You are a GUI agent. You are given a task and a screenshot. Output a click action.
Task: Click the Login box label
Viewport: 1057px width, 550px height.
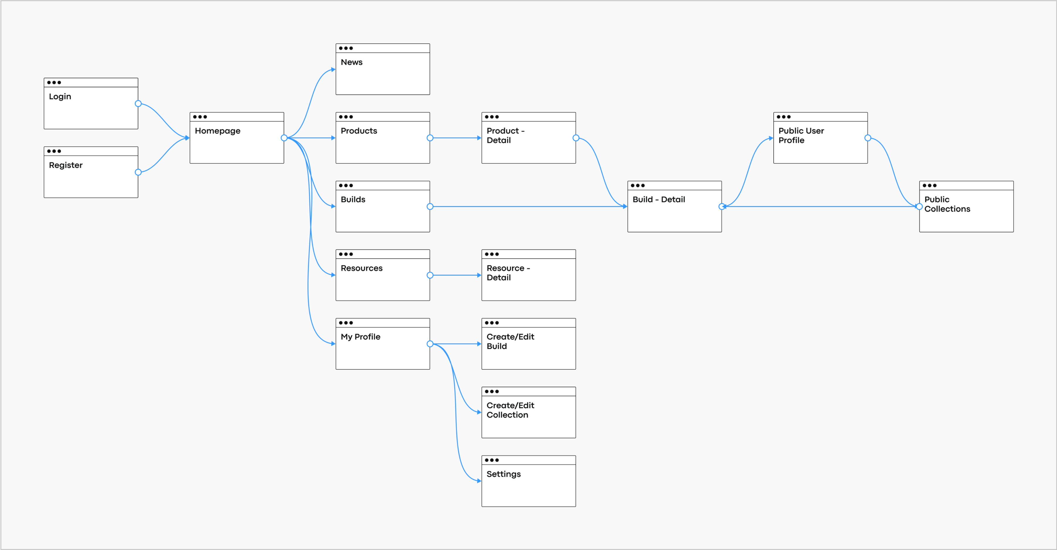[x=60, y=96]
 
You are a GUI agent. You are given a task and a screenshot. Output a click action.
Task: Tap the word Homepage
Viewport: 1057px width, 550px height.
[x=218, y=131]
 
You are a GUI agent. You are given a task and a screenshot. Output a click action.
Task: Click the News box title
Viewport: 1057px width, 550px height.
[x=352, y=62]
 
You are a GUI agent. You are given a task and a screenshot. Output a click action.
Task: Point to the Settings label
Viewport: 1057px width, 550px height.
[x=504, y=474]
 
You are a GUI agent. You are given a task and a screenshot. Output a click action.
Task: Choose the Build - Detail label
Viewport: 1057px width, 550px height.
[x=659, y=199]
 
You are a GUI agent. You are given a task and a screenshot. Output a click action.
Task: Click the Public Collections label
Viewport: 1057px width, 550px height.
[x=947, y=204]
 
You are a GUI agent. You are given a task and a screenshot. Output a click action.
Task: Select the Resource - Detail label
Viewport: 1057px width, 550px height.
[x=508, y=273]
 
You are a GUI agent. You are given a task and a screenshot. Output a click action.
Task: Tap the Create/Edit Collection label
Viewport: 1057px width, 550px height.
[x=510, y=410]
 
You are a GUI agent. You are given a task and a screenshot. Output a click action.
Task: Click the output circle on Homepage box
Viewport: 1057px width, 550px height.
[x=284, y=138]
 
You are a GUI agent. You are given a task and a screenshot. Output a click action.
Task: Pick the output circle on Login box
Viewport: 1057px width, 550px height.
[x=138, y=104]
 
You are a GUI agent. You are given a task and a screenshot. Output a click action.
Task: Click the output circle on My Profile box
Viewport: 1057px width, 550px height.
[x=430, y=344]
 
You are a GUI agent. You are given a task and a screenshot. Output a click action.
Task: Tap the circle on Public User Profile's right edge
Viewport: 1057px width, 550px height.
[x=868, y=138]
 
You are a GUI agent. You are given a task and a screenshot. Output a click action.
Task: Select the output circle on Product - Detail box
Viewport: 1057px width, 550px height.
[x=576, y=138]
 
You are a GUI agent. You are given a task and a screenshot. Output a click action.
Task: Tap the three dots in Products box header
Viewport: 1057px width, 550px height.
[x=346, y=117]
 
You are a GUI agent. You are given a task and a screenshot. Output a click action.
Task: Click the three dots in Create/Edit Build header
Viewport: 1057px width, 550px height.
[x=492, y=323]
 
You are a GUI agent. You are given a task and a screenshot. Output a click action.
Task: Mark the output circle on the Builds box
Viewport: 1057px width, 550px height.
[x=430, y=207]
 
